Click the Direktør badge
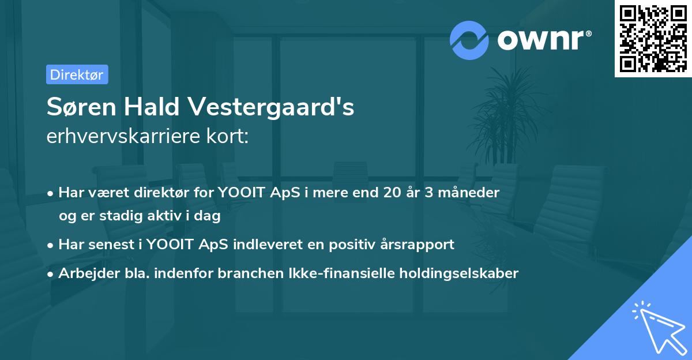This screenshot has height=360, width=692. (77, 74)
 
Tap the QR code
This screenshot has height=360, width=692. (653, 38)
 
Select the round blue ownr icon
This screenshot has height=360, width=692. (469, 40)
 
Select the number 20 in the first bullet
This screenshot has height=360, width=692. (390, 192)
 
